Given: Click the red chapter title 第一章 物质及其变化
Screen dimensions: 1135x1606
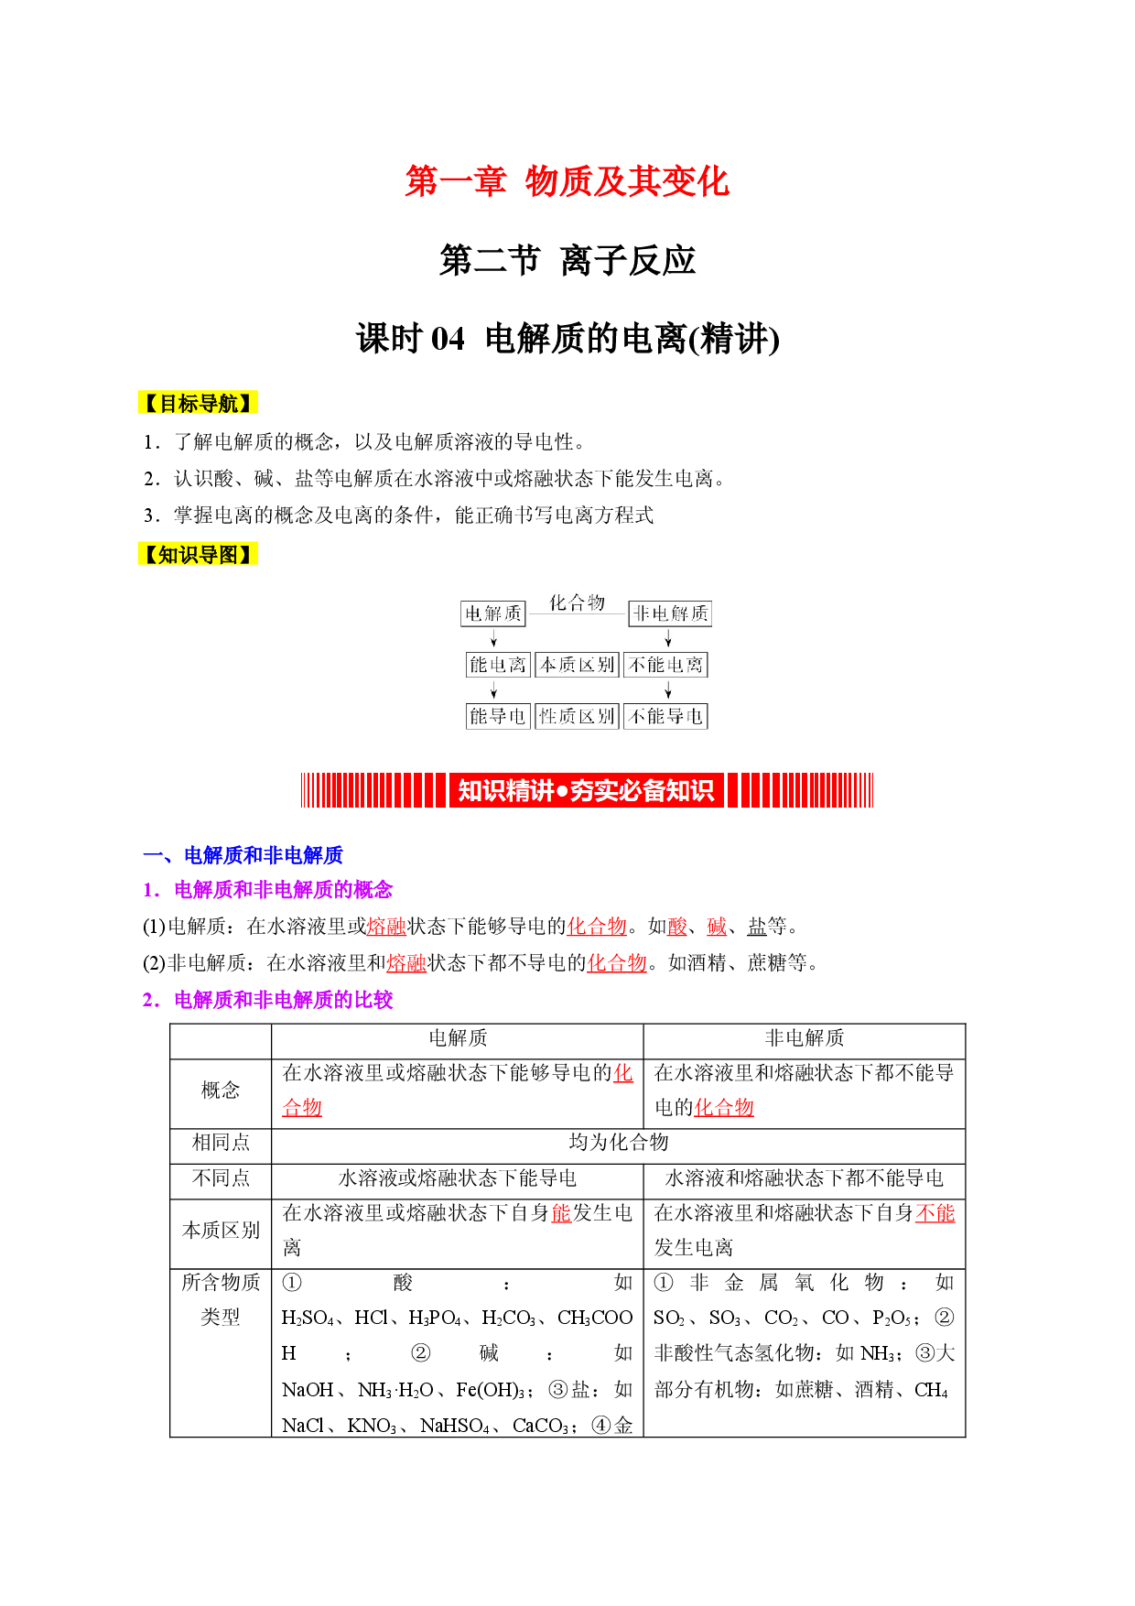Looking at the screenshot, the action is (x=567, y=181).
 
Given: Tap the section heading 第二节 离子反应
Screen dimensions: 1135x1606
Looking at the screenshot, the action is (x=567, y=261).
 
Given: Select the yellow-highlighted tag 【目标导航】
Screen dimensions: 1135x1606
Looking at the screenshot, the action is (x=198, y=403).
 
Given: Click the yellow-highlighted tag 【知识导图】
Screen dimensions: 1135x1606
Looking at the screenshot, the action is (x=198, y=554).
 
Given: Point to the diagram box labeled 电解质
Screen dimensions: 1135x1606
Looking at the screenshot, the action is (x=493, y=613).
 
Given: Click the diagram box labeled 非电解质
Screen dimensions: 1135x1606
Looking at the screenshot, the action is (x=670, y=613).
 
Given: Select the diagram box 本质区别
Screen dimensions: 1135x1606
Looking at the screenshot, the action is (x=577, y=665).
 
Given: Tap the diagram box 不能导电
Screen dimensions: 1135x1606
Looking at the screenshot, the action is (x=665, y=716).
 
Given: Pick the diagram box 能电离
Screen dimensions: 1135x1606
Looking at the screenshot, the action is (x=498, y=665).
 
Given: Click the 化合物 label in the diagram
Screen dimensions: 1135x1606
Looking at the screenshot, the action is (x=577, y=602).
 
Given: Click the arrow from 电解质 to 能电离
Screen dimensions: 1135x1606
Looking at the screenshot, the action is (x=494, y=639).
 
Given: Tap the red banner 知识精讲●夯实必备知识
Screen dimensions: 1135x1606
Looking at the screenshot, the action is (x=587, y=790).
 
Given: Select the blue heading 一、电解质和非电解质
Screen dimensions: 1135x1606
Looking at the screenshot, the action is (x=243, y=855).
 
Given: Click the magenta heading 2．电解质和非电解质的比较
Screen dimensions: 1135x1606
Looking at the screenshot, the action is (x=267, y=1000).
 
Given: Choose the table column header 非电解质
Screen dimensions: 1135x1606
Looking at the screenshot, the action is (x=805, y=1038).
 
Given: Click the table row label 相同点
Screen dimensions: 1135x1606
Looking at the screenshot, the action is (x=221, y=1143).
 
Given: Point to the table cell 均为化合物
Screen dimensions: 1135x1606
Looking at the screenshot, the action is (x=619, y=1143).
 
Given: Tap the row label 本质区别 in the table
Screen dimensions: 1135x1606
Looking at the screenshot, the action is (x=221, y=1231).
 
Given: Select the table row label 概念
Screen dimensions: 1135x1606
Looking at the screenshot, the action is (x=221, y=1091).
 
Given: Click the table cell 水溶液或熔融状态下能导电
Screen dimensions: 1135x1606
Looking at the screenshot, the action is (x=458, y=1178).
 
